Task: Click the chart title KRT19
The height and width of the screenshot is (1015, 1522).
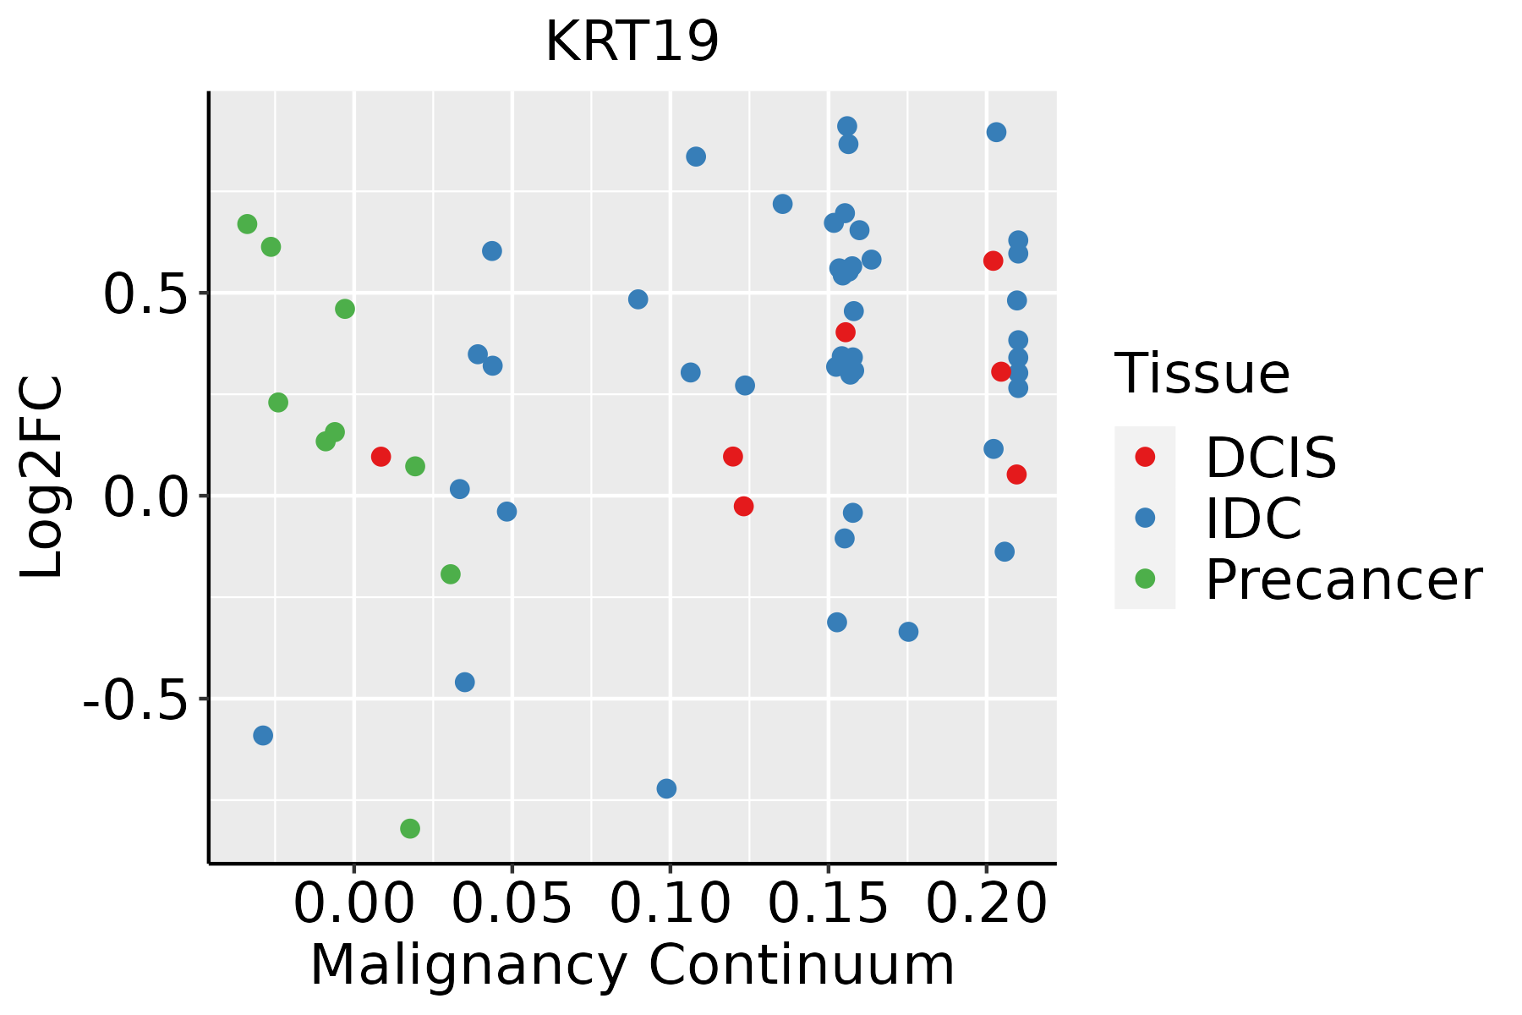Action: point(632,42)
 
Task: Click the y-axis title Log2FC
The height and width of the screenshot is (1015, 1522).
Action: point(42,478)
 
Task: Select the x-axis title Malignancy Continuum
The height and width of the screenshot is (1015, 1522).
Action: point(632,966)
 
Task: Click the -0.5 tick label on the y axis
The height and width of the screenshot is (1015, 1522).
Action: point(134,700)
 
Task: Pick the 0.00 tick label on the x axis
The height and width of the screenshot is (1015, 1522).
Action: point(353,904)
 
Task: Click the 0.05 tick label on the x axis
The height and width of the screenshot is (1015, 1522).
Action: point(512,904)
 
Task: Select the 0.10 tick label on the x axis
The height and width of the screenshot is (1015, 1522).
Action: point(670,904)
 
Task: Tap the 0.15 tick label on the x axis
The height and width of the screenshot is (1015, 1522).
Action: point(828,904)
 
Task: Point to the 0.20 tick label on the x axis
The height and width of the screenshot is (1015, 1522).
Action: point(986,904)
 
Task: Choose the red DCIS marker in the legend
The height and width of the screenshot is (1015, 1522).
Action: point(1145,457)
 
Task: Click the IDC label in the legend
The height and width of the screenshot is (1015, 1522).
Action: point(1253,518)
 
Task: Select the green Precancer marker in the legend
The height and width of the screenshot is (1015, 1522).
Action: point(1145,579)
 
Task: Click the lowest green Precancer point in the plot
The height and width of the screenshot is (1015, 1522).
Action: point(410,828)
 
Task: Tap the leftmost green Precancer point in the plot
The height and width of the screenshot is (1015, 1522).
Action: point(247,224)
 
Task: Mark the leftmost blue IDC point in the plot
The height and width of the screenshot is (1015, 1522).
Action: point(263,735)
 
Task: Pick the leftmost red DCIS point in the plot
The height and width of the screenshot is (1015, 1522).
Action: point(380,457)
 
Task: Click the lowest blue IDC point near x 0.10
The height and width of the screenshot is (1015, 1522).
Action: point(666,788)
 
